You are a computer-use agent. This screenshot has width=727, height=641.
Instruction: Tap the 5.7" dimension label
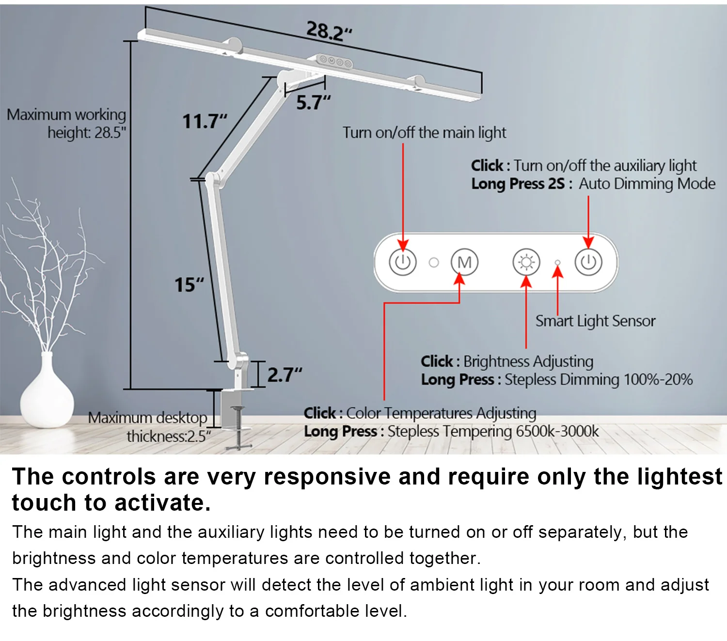click(313, 103)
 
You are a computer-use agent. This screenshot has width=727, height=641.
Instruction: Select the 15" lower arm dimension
click(189, 284)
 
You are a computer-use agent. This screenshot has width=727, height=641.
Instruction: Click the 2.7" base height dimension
click(284, 375)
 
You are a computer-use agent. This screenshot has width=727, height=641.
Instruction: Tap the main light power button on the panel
click(402, 262)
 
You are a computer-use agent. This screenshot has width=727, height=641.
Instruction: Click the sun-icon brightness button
click(526, 262)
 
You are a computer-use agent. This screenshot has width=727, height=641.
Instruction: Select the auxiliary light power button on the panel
click(588, 262)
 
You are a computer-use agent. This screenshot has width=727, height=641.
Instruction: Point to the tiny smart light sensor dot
click(557, 262)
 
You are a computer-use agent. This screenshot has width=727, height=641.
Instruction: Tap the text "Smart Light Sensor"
click(595, 321)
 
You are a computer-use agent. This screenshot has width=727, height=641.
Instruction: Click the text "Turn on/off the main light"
click(424, 132)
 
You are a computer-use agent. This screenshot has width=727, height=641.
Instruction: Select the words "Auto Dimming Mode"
click(647, 184)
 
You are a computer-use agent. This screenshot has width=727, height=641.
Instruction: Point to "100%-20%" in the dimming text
click(658, 379)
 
